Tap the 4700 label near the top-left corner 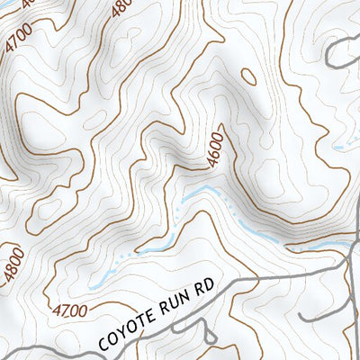point(17,41)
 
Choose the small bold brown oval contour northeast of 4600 point(250,76)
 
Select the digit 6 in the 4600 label point(211,153)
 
